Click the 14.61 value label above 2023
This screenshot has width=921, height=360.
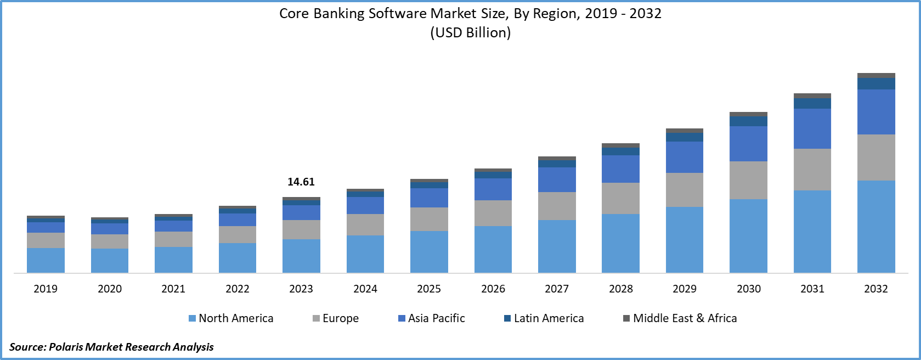(301, 182)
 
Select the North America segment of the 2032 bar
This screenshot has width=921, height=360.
(876, 226)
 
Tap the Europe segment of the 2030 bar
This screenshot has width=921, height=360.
(748, 180)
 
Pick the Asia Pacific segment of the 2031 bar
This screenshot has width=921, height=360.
(812, 128)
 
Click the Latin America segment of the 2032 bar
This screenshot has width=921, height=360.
(876, 83)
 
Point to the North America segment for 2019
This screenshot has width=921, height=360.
(46, 260)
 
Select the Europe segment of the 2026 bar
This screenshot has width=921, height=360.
(493, 213)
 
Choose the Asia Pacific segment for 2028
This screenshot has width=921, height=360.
(620, 169)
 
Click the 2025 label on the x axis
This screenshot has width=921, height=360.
(429, 289)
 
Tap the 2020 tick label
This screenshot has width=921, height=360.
(110, 289)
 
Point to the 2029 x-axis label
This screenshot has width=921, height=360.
(685, 289)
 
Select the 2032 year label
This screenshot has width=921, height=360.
(876, 289)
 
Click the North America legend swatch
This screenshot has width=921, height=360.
(192, 318)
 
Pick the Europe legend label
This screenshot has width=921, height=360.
(341, 318)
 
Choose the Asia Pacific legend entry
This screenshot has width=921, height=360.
(436, 318)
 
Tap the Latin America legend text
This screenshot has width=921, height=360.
(549, 318)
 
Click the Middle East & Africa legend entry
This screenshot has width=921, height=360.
(685, 318)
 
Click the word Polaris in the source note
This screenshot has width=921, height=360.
(66, 347)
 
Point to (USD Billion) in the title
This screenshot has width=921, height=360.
(471, 33)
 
